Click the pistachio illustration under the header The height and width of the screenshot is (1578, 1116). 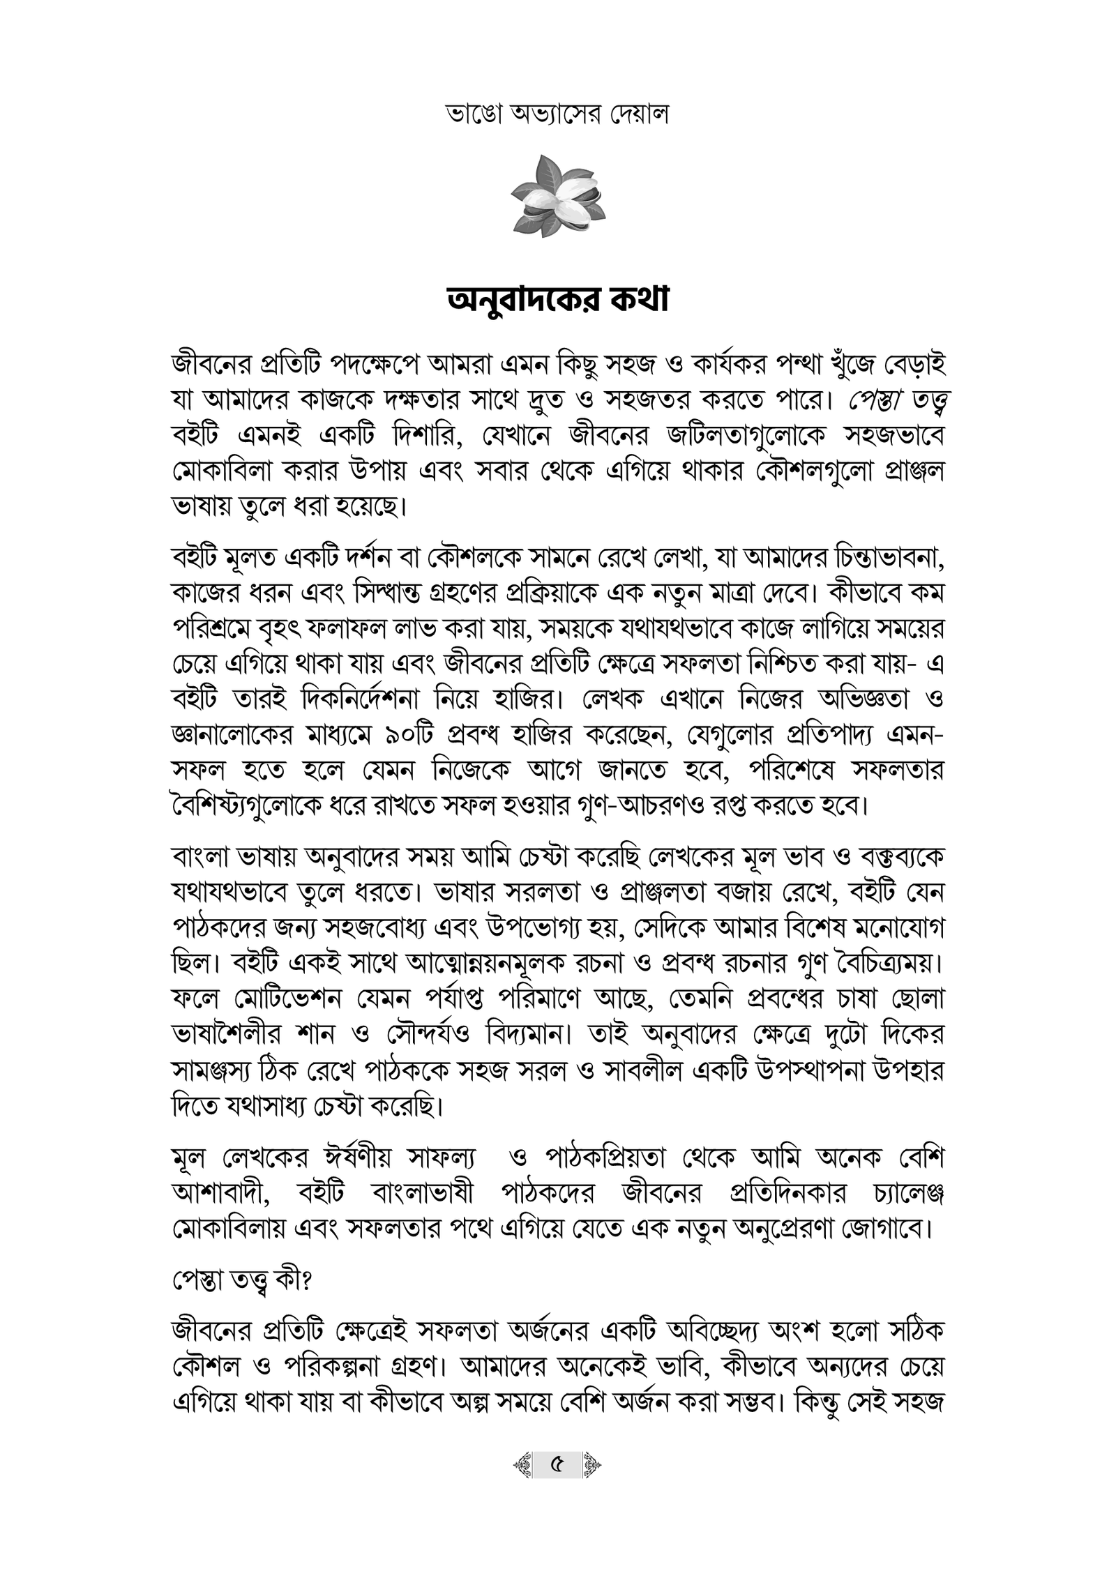pos(557,196)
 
